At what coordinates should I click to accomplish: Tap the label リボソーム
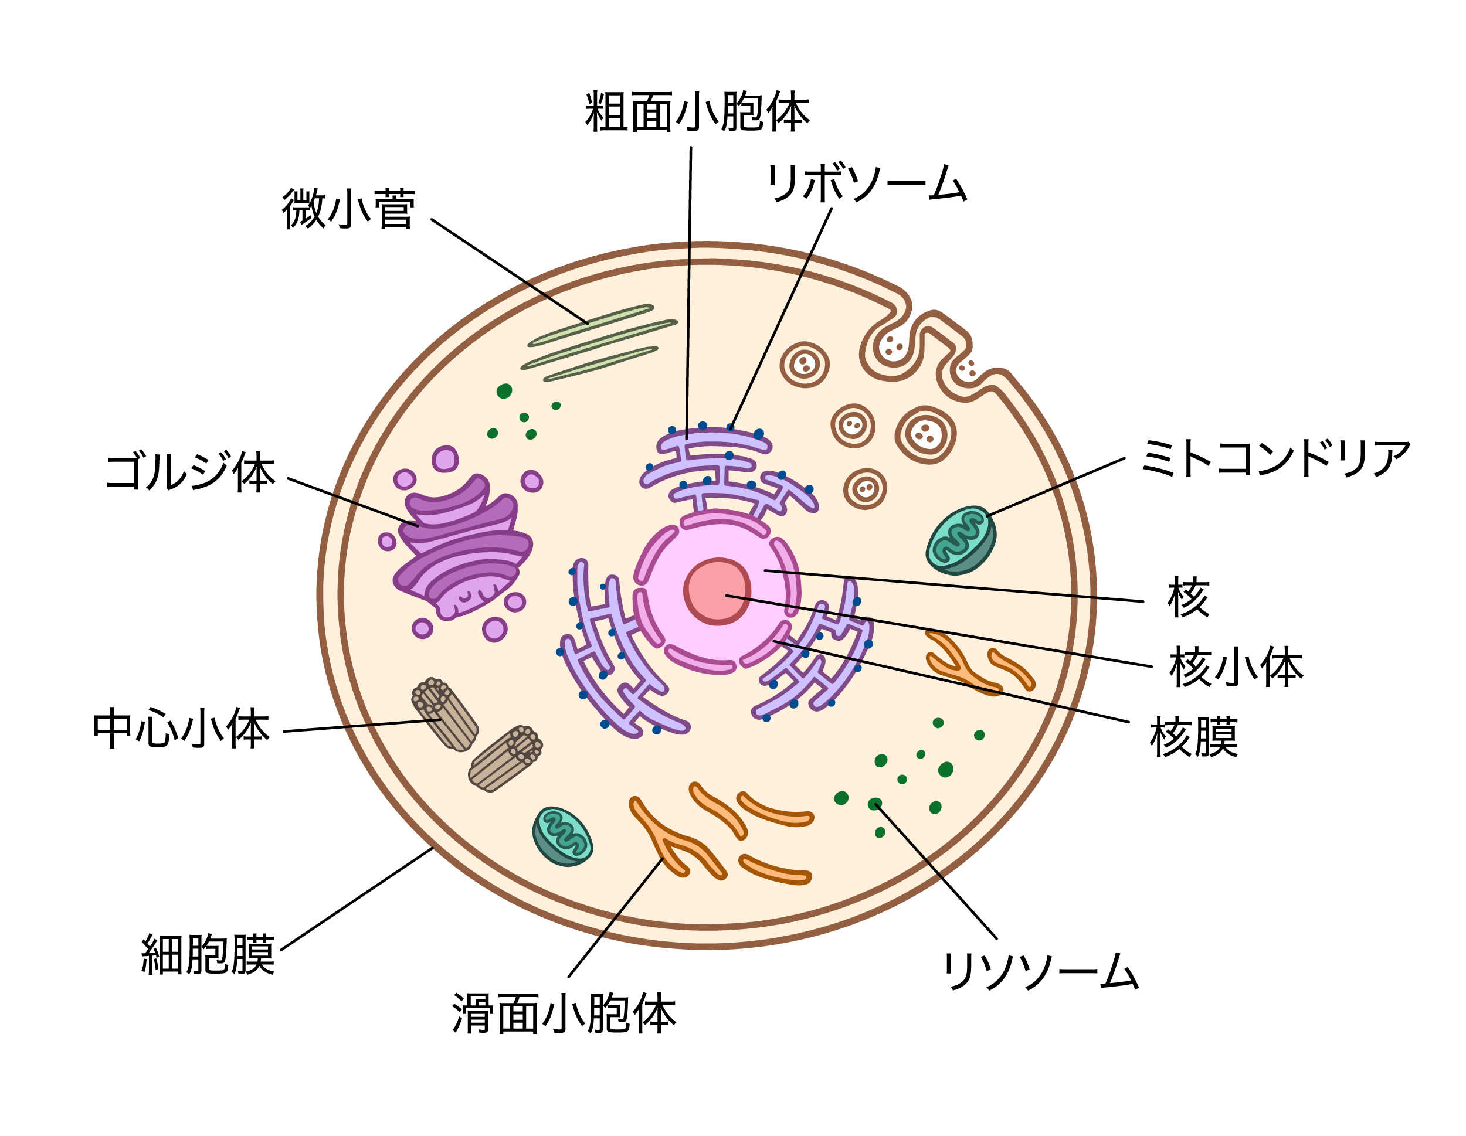click(x=866, y=183)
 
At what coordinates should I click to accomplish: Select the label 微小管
click(x=348, y=209)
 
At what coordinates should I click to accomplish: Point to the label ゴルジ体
click(x=191, y=472)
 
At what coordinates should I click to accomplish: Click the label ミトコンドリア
click(x=1275, y=459)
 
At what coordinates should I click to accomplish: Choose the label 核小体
click(x=1236, y=668)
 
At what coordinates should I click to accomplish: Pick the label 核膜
click(x=1193, y=737)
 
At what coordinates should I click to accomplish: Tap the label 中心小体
click(x=181, y=729)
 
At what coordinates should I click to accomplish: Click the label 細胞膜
click(x=208, y=954)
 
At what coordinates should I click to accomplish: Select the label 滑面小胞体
click(x=564, y=1013)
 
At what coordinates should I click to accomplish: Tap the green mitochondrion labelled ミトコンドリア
click(x=961, y=540)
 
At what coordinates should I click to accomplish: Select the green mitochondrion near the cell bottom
click(x=562, y=836)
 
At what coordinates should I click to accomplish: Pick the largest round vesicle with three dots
click(x=925, y=434)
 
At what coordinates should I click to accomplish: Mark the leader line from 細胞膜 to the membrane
click(x=356, y=900)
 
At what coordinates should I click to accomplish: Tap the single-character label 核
click(x=1187, y=597)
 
